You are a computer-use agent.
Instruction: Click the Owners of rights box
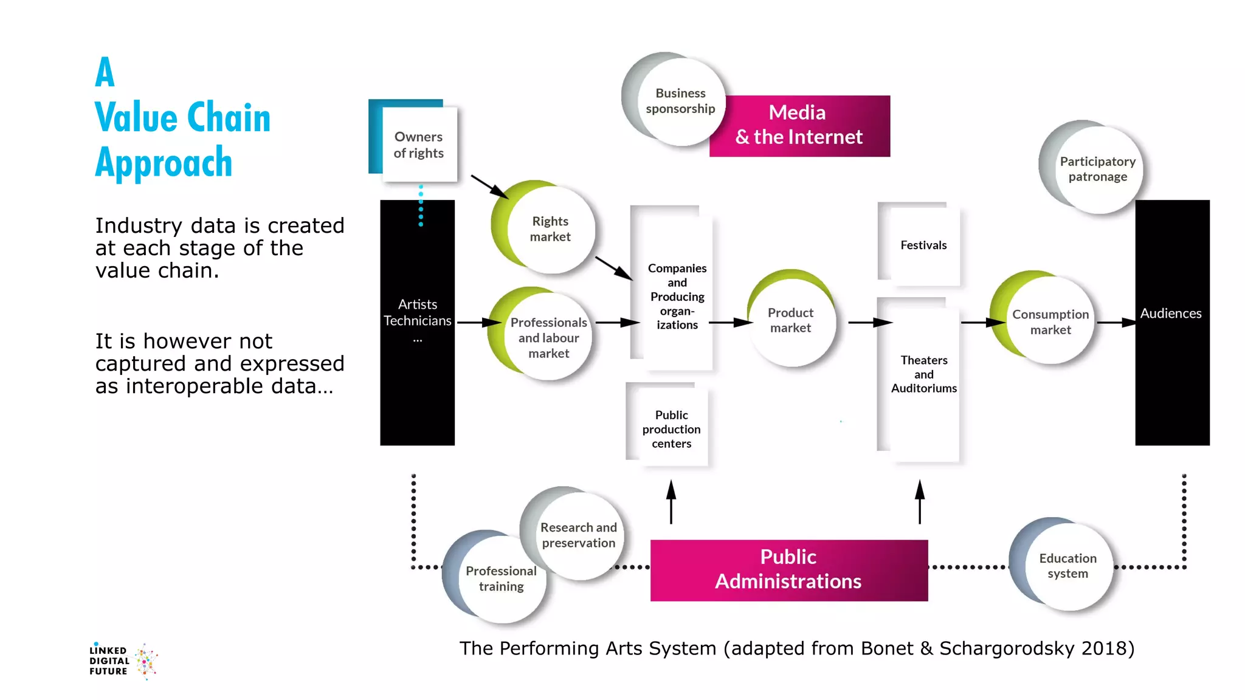[419, 145]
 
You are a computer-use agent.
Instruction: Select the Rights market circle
[550, 229]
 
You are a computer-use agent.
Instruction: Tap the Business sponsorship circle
[680, 101]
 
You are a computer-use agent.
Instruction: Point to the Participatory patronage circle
[1097, 170]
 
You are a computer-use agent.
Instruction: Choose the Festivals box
[923, 245]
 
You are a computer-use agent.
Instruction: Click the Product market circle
[790, 320]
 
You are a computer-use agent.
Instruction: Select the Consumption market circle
[1050, 322]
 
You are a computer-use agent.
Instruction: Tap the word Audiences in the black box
[1170, 314]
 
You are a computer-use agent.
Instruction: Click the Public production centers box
[671, 428]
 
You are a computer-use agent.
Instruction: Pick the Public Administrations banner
[788, 569]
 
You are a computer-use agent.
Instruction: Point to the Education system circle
[1067, 566]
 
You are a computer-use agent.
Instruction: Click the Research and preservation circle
[578, 535]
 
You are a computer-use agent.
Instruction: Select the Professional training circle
[501, 579]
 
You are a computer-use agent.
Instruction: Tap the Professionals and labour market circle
[548, 338]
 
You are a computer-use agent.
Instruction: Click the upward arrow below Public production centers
[671, 501]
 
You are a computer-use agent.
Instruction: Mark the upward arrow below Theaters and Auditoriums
[920, 501]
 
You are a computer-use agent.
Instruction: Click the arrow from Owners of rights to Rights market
[489, 187]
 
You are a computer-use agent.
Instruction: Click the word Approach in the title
[164, 163]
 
